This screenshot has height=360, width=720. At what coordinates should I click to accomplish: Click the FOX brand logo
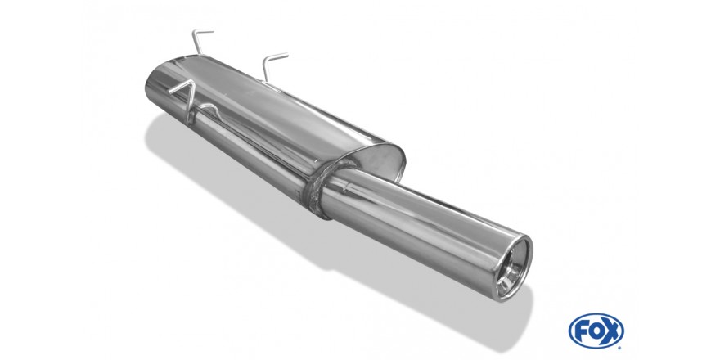596,331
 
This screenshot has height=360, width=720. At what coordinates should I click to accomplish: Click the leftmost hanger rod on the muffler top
200,39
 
